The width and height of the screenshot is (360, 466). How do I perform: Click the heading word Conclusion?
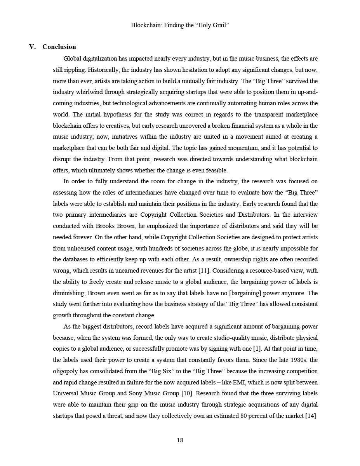pyautogui.click(x=59, y=47)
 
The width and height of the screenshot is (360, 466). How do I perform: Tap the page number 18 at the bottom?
pyautogui.click(x=180, y=440)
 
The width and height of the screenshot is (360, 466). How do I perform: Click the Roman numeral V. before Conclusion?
pyautogui.click(x=33, y=47)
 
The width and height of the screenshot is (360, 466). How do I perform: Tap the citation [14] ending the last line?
pyautogui.click(x=311, y=416)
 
